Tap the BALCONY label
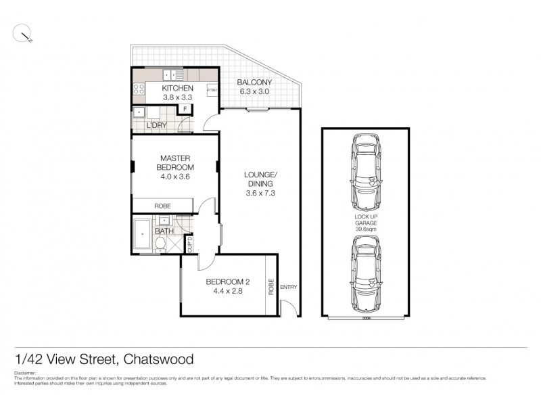tap(254, 84)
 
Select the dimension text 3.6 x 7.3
tap(260, 193)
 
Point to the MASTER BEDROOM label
tap(176, 163)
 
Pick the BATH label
tap(164, 231)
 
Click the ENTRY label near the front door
tap(288, 287)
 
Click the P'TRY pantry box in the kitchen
tap(211, 91)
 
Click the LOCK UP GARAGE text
tap(365, 222)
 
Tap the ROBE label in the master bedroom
tap(162, 206)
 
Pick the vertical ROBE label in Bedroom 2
tap(271, 286)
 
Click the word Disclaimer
tap(26, 373)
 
